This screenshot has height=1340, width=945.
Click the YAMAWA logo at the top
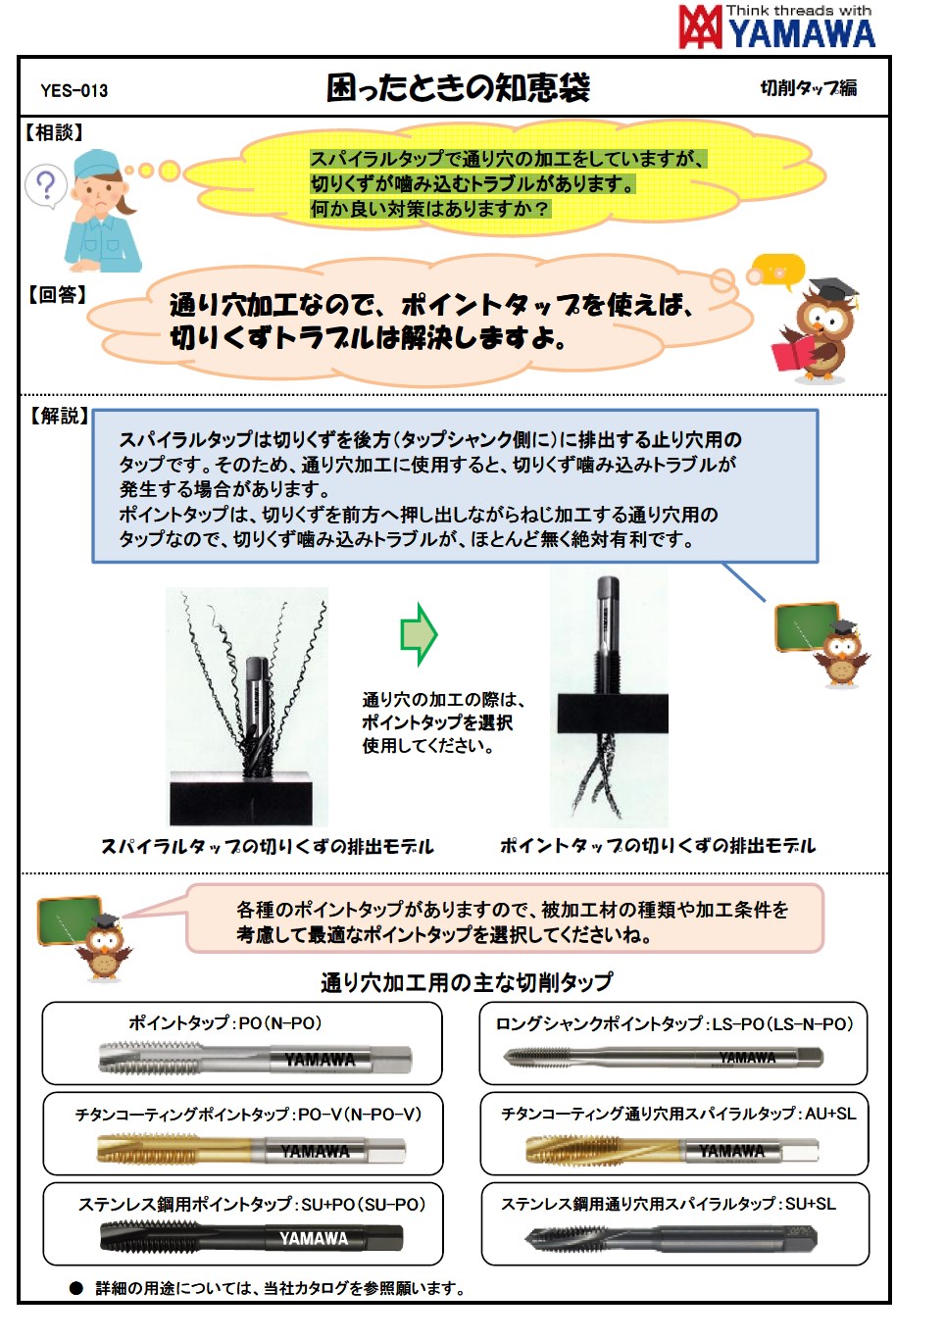[776, 26]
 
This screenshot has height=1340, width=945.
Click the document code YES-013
[75, 91]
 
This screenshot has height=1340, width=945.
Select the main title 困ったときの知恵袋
[458, 88]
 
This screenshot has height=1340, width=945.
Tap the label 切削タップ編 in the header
[809, 88]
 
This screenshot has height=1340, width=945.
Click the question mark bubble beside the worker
[45, 185]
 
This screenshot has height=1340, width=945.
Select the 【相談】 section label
[55, 132]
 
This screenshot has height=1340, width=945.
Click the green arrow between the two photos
[419, 634]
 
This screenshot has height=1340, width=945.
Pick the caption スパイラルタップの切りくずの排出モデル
[267, 846]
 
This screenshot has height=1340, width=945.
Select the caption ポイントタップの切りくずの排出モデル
[657, 845]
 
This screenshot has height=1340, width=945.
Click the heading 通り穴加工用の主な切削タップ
[467, 982]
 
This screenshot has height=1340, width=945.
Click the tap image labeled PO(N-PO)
[255, 1059]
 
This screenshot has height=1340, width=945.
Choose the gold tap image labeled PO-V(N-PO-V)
[251, 1149]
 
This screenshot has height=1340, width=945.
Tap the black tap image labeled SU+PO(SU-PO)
[251, 1239]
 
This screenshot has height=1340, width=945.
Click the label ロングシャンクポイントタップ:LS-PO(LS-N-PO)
[674, 1024]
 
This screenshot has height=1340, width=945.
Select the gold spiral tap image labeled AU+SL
[672, 1150]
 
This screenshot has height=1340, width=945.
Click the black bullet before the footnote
[76, 1288]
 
